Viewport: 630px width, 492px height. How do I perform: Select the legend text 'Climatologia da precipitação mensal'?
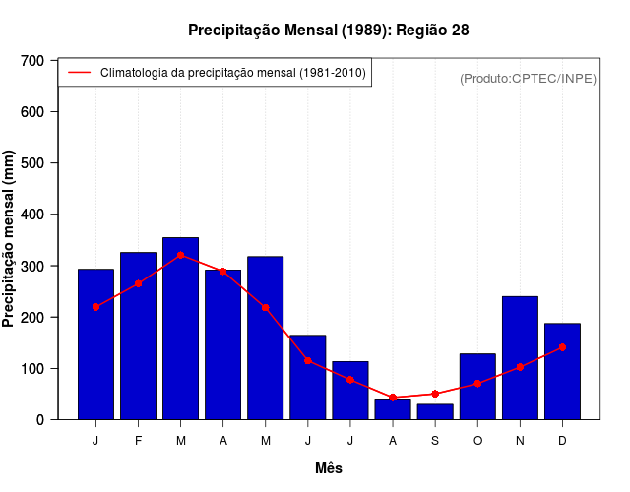(232, 73)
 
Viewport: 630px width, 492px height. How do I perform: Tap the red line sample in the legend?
(79, 73)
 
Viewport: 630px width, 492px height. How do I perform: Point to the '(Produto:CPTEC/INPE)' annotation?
(528, 79)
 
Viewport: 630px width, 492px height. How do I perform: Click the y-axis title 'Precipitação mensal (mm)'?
(10, 239)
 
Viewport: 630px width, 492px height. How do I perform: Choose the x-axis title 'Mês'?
(328, 468)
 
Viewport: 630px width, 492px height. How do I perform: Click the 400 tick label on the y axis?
(32, 215)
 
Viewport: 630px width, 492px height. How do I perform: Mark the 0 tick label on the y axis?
(40, 420)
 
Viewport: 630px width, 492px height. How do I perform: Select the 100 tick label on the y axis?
(32, 369)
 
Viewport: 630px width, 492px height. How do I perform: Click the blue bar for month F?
(138, 336)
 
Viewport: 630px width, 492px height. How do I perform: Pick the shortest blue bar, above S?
(435, 411)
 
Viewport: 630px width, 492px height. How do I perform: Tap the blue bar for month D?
(562, 371)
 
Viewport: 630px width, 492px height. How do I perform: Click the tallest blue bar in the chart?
(181, 328)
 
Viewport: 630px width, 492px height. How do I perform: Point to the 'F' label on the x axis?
(138, 441)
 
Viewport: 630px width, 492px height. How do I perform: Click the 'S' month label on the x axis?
(435, 441)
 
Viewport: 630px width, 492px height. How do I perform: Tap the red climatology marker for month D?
(562, 347)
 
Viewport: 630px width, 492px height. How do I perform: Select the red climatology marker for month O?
(477, 384)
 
